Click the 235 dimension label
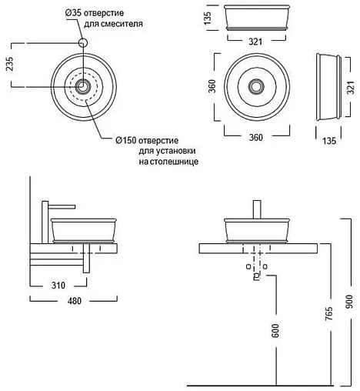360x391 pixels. pos(9,63)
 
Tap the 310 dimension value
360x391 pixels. pos(58,286)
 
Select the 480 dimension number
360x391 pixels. pos(75,301)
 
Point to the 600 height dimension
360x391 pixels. pos(275,331)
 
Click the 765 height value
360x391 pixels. pos(328,313)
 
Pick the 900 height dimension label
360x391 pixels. pos(349,302)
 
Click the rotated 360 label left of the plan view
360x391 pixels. pos(212,86)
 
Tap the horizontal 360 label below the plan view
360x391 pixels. pos(256,138)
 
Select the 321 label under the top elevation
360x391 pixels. pos(255,42)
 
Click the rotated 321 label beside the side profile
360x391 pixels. pos(352,88)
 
